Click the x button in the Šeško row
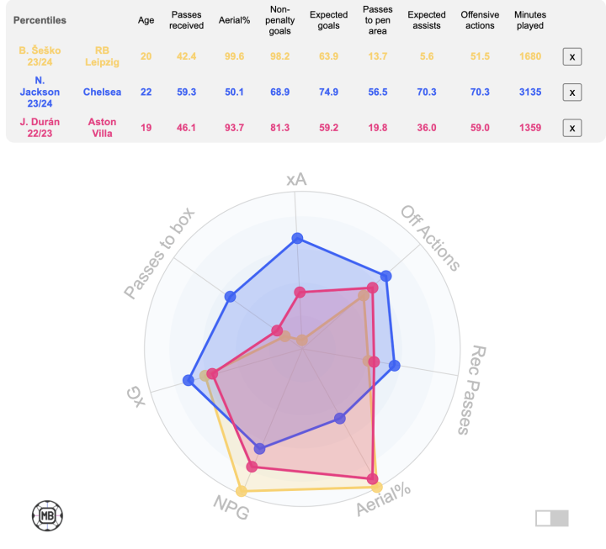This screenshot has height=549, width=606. coord(571,56)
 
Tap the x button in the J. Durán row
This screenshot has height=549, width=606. coord(571,128)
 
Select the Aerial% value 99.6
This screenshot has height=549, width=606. coord(231,56)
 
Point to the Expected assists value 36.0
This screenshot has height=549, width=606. coord(427,128)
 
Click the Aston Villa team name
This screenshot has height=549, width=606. coord(102,128)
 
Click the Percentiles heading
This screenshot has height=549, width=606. coord(40,19)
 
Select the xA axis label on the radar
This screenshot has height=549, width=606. coord(296,180)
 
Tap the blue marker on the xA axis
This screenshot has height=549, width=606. coord(297,238)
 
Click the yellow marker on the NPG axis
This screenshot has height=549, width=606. coord(242,490)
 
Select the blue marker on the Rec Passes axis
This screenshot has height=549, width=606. coord(395,365)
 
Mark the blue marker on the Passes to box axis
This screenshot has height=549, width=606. coord(231,296)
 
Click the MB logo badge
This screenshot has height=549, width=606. coord(48,515)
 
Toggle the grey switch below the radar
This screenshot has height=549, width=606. coord(551,518)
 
